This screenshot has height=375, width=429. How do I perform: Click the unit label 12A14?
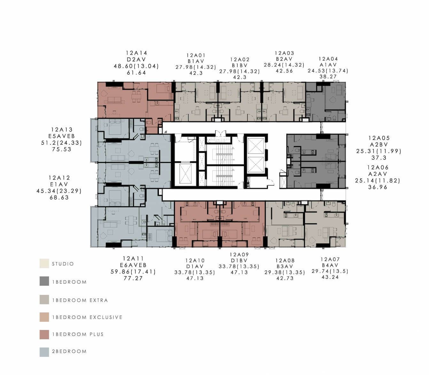(136, 53)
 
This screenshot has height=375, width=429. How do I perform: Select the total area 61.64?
(136, 73)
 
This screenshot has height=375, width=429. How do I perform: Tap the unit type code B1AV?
(196, 61)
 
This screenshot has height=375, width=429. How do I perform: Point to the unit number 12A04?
(328, 59)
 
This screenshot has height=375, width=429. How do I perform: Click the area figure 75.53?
(62, 149)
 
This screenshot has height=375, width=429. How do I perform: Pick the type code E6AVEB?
(133, 265)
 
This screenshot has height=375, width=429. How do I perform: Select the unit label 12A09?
(239, 255)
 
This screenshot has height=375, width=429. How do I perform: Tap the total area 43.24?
(330, 277)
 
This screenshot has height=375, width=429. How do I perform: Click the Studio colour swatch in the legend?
(44, 263)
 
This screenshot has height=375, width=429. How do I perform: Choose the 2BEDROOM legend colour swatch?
(44, 352)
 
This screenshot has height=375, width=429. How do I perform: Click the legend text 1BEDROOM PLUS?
(78, 334)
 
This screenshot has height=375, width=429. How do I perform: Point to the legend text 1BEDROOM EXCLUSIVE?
(87, 317)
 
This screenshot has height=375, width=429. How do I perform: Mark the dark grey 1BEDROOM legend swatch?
(44, 281)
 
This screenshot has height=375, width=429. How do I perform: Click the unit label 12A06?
(378, 167)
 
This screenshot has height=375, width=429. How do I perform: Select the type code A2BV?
(379, 145)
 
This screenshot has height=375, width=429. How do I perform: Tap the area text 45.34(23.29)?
(59, 191)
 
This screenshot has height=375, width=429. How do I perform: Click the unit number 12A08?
(285, 260)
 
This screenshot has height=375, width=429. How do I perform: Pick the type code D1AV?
(195, 266)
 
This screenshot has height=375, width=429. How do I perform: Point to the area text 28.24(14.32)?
(284, 65)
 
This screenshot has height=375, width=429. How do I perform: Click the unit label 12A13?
(62, 129)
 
